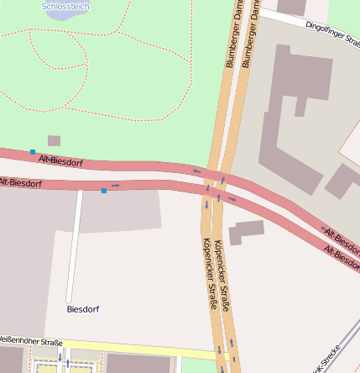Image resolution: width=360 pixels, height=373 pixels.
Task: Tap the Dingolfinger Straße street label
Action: pyautogui.click(x=332, y=34)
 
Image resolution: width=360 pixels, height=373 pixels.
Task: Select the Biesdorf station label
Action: pyautogui.click(x=82, y=309)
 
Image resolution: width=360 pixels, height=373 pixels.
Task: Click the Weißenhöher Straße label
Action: pyautogui.click(x=30, y=341)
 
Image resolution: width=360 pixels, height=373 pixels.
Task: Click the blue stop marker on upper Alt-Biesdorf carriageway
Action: pyautogui.click(x=33, y=152)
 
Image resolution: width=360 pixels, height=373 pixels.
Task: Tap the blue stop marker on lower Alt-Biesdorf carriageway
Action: pyautogui.click(x=104, y=191)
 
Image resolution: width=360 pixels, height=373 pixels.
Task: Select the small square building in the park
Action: pyautogui.click(x=54, y=140)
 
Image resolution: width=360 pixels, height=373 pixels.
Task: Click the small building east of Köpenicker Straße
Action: pyautogui.click(x=246, y=230)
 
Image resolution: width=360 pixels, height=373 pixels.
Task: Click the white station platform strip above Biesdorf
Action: pyautogui.click(x=75, y=244)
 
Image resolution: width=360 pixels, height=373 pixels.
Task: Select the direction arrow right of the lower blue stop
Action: pyautogui.click(x=115, y=185)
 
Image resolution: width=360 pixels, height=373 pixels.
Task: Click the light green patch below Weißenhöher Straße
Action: pyautogui.click(x=190, y=365)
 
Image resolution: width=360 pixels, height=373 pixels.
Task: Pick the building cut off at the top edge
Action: pyautogui.click(x=291, y=7)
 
